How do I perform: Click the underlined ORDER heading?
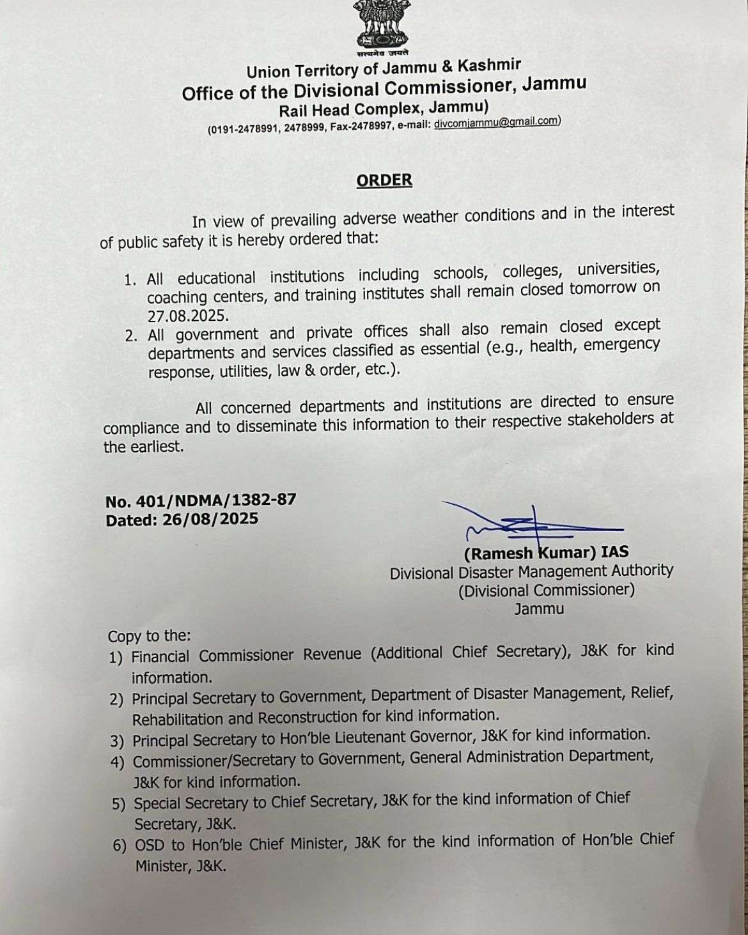pyautogui.click(x=384, y=180)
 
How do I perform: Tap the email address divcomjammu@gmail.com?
pyautogui.click(x=496, y=123)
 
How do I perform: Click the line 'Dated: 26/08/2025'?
pyautogui.click(x=182, y=519)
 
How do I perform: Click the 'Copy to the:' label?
pyautogui.click(x=150, y=636)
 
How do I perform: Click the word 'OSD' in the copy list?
pyautogui.click(x=150, y=845)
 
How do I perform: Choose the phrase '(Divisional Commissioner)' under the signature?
pyautogui.click(x=547, y=590)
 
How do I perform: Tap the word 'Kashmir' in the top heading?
pyautogui.click(x=490, y=65)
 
